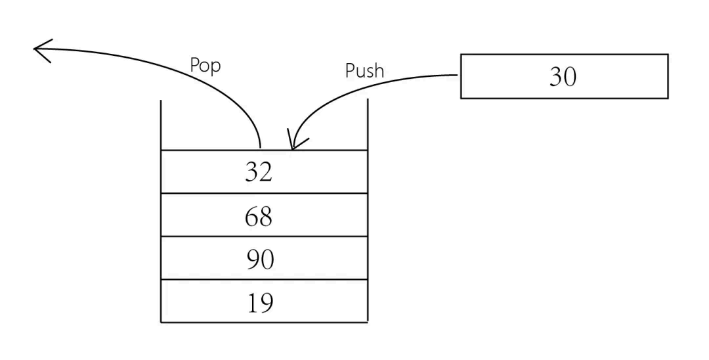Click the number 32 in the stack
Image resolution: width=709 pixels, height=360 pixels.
coord(258,172)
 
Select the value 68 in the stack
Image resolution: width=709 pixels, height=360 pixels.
coord(258,215)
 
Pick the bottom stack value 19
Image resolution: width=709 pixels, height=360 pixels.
coord(260,302)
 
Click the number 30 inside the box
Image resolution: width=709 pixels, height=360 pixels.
coord(563,77)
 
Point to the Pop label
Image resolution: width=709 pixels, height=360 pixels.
coord(205,66)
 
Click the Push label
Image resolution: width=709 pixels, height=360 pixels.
coord(364,71)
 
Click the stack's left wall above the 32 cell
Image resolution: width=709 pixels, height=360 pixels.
coord(161,125)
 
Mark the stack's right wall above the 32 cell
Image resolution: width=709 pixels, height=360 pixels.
coord(367,125)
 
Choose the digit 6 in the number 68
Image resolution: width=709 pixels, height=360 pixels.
coord(251,215)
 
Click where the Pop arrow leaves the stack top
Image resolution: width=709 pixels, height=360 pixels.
coord(261,146)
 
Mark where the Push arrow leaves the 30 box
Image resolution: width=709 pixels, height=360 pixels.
coord(458,75)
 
